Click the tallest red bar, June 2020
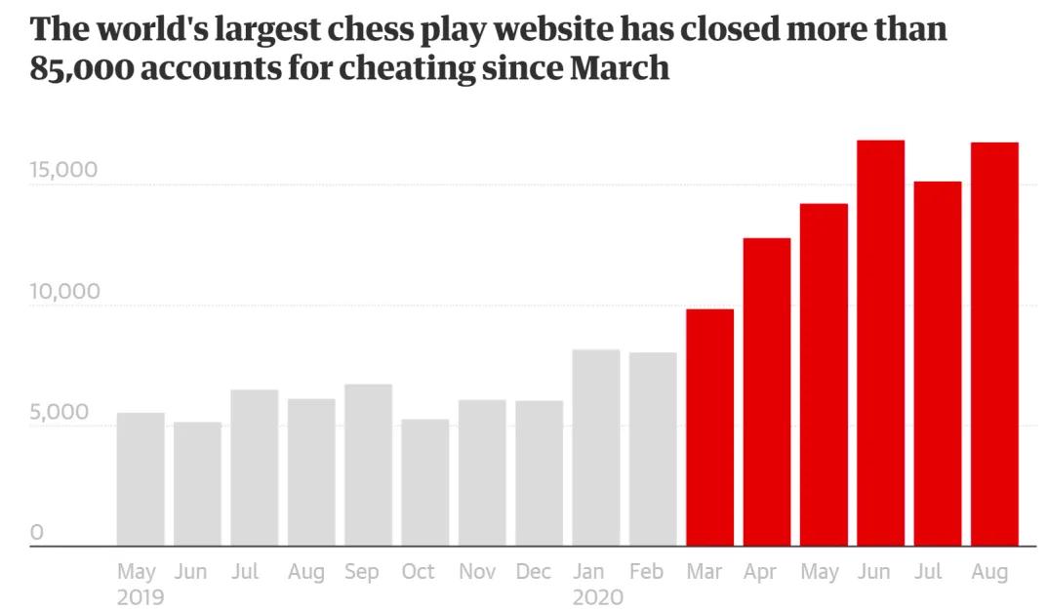tap(880, 343)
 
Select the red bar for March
tap(709, 427)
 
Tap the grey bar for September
tap(368, 465)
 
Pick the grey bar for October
tap(424, 482)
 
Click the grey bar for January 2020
tap(595, 447)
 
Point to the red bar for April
tap(766, 391)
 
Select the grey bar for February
tap(653, 449)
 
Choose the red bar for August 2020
tap(994, 344)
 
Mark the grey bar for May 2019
tap(141, 478)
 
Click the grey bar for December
tap(539, 472)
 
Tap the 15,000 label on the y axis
tap(63, 170)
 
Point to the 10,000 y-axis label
tap(63, 291)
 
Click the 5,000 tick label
tap(59, 412)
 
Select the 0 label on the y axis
tap(37, 532)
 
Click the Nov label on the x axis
tap(476, 572)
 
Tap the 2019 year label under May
tap(141, 596)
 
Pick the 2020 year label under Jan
tap(597, 596)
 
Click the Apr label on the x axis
tap(761, 572)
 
